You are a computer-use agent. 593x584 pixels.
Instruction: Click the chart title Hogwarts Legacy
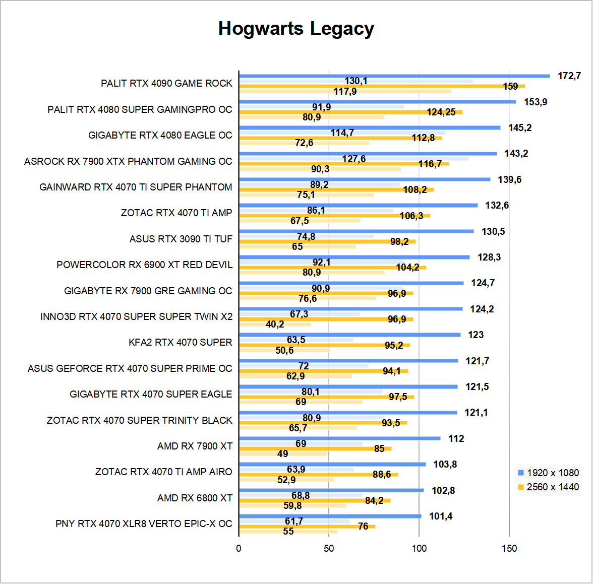pos(296,29)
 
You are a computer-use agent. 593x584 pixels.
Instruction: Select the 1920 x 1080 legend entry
pos(548,473)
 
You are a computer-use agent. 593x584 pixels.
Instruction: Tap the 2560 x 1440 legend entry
pos(548,487)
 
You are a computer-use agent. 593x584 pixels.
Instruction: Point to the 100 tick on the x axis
pos(419,548)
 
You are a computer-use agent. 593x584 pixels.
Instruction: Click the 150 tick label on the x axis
pos(509,548)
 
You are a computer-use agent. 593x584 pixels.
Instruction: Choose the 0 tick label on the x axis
pos(239,548)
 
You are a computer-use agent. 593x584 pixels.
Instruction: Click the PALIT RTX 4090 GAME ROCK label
pos(166,83)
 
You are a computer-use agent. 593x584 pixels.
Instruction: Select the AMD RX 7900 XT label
pos(195,446)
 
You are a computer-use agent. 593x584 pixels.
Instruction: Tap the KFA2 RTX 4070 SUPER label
pos(180,342)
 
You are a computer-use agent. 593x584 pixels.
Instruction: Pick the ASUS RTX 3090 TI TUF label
pos(181,239)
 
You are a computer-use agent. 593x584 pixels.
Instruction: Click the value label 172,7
pos(569,76)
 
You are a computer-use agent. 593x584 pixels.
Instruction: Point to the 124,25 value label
pos(441,112)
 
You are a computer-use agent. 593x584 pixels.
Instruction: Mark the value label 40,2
pos(275,324)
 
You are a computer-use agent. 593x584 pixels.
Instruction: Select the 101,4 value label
pos(441,516)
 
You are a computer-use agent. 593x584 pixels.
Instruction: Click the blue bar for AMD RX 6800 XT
pos(331,490)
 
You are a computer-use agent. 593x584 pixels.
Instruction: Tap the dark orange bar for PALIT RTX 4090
pos(382,86)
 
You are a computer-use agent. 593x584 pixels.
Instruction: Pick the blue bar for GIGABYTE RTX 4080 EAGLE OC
pos(370,127)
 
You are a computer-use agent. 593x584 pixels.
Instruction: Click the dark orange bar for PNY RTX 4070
pos(307,526)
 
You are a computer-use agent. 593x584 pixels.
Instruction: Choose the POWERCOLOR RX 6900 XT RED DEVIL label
pos(144,265)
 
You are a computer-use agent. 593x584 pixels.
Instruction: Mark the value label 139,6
pos(510,179)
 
